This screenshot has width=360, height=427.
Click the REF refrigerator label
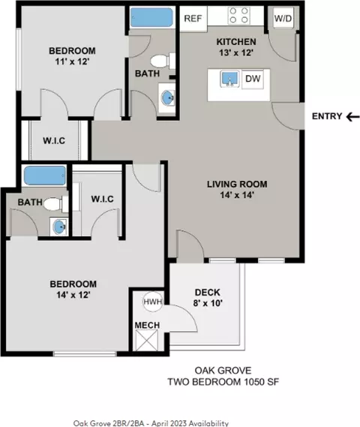point(193,19)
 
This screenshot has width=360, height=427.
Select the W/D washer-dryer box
point(283,18)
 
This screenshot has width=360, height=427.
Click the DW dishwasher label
point(253,79)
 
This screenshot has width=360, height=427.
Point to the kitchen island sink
point(230,79)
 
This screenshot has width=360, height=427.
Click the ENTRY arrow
point(353,117)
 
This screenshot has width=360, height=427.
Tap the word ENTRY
point(327,116)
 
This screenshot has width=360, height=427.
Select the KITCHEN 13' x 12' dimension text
point(236,53)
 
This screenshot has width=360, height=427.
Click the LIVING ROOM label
point(237,184)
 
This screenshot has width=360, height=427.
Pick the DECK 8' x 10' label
point(208,297)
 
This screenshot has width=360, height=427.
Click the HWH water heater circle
point(153,302)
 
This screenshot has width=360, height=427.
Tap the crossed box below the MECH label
point(147,340)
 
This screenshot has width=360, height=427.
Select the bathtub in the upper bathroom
point(151,17)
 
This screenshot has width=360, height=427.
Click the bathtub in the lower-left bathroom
point(45,176)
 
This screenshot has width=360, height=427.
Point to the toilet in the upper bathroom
point(163,61)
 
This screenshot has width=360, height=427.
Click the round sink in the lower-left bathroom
point(59,227)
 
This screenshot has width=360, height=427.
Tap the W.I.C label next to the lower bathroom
point(102,199)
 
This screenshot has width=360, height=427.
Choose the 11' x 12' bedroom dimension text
point(72,62)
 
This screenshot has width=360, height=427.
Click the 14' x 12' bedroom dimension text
point(73,295)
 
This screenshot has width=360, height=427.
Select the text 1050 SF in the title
point(261,382)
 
